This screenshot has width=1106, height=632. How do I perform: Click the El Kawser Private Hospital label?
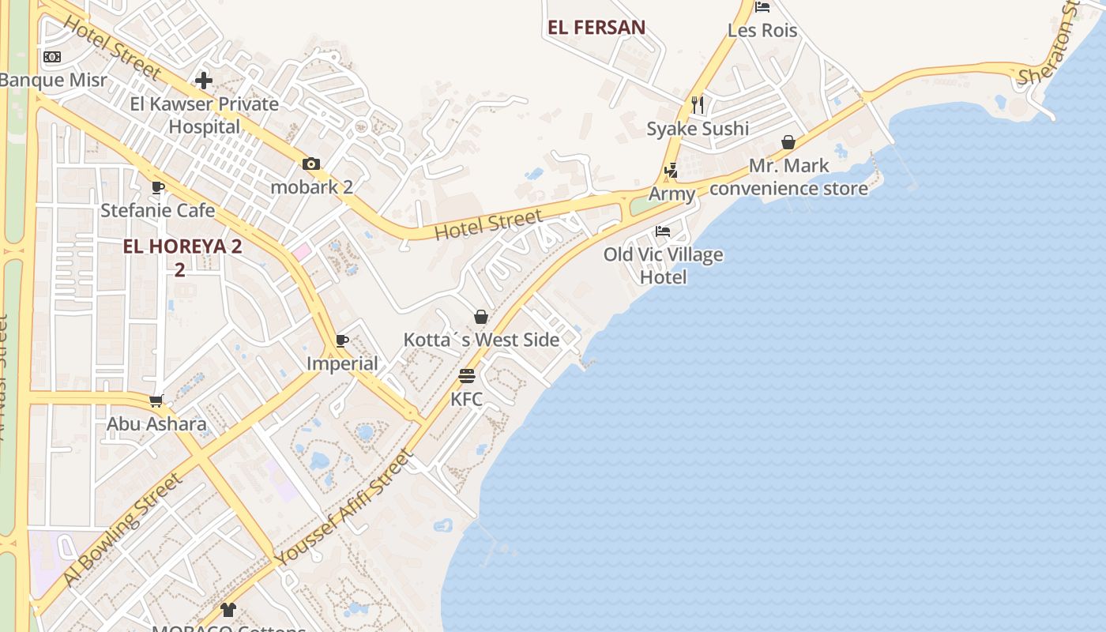205,115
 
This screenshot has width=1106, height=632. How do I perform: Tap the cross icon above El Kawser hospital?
205,81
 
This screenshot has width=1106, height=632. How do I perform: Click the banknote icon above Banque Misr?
52,57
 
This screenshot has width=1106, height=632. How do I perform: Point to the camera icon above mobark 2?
311,164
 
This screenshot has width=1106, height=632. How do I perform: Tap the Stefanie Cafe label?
157,210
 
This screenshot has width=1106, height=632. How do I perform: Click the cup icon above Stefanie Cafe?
157,188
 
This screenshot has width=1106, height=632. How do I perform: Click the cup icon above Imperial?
342,340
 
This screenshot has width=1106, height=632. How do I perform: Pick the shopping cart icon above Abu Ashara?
156,401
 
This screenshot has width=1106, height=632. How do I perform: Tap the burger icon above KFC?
467,376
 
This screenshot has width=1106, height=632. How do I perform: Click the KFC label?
466,399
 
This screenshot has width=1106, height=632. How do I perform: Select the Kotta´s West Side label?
481,340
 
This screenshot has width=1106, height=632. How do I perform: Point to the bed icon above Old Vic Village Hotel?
663,231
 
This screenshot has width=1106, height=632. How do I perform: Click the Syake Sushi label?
698,129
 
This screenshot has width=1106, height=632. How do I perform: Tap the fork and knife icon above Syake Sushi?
697,104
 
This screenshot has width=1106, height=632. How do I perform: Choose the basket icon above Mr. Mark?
788,142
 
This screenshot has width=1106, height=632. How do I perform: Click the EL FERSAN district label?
596,27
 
